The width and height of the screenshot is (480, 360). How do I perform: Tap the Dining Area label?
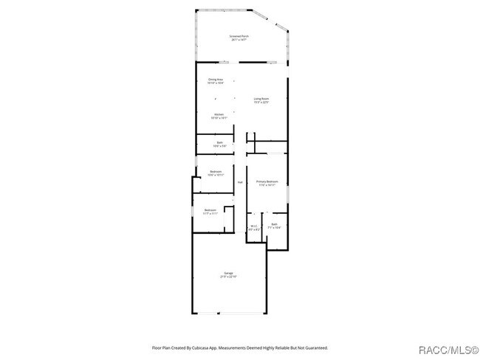coord(216,79)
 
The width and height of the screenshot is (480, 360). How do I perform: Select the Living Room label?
coord(261,98)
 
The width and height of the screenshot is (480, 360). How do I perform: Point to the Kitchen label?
coord(219,114)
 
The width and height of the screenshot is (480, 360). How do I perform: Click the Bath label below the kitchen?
coord(219,142)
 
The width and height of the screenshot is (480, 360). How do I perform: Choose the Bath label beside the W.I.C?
coord(274,224)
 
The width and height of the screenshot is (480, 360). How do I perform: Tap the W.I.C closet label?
coord(253,226)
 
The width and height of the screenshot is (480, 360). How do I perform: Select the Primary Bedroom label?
coord(267,181)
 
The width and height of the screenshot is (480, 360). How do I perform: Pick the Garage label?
coord(229,273)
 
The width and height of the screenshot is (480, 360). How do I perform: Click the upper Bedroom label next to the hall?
coord(216,172)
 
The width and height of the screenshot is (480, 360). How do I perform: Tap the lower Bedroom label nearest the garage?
coord(210,210)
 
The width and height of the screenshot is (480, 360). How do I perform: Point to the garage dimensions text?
coord(229,277)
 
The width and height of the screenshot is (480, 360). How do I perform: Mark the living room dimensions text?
coord(261,102)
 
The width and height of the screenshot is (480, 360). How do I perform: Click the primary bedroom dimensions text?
coord(267,185)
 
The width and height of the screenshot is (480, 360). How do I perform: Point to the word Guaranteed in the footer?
coord(315,347)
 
